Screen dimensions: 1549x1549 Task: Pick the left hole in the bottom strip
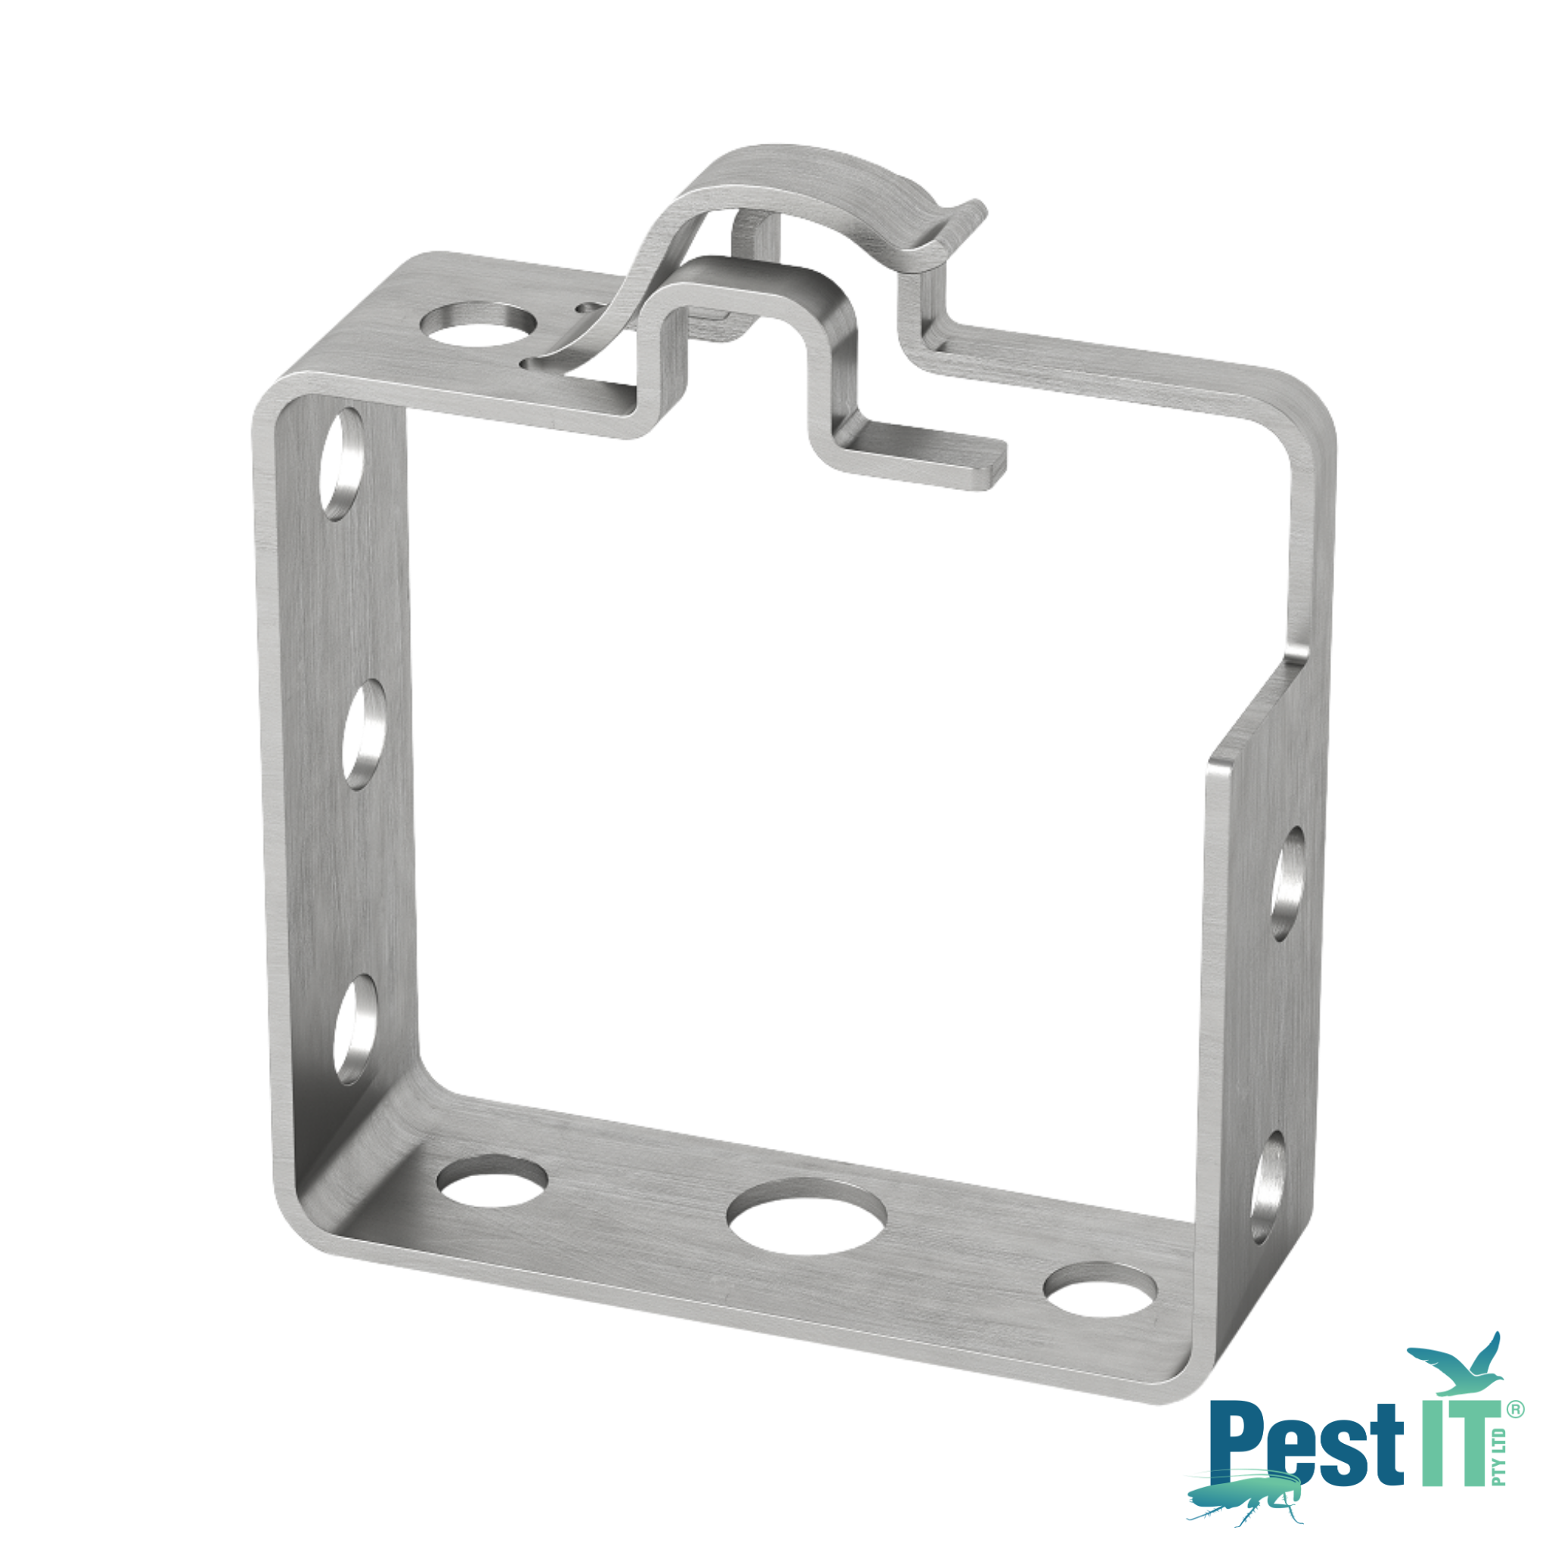(x=492, y=1180)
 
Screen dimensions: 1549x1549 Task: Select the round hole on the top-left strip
(x=479, y=324)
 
